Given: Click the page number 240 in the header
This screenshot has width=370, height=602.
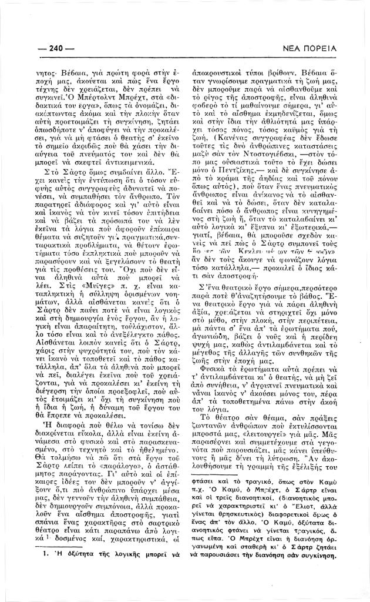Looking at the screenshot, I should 57,49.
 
